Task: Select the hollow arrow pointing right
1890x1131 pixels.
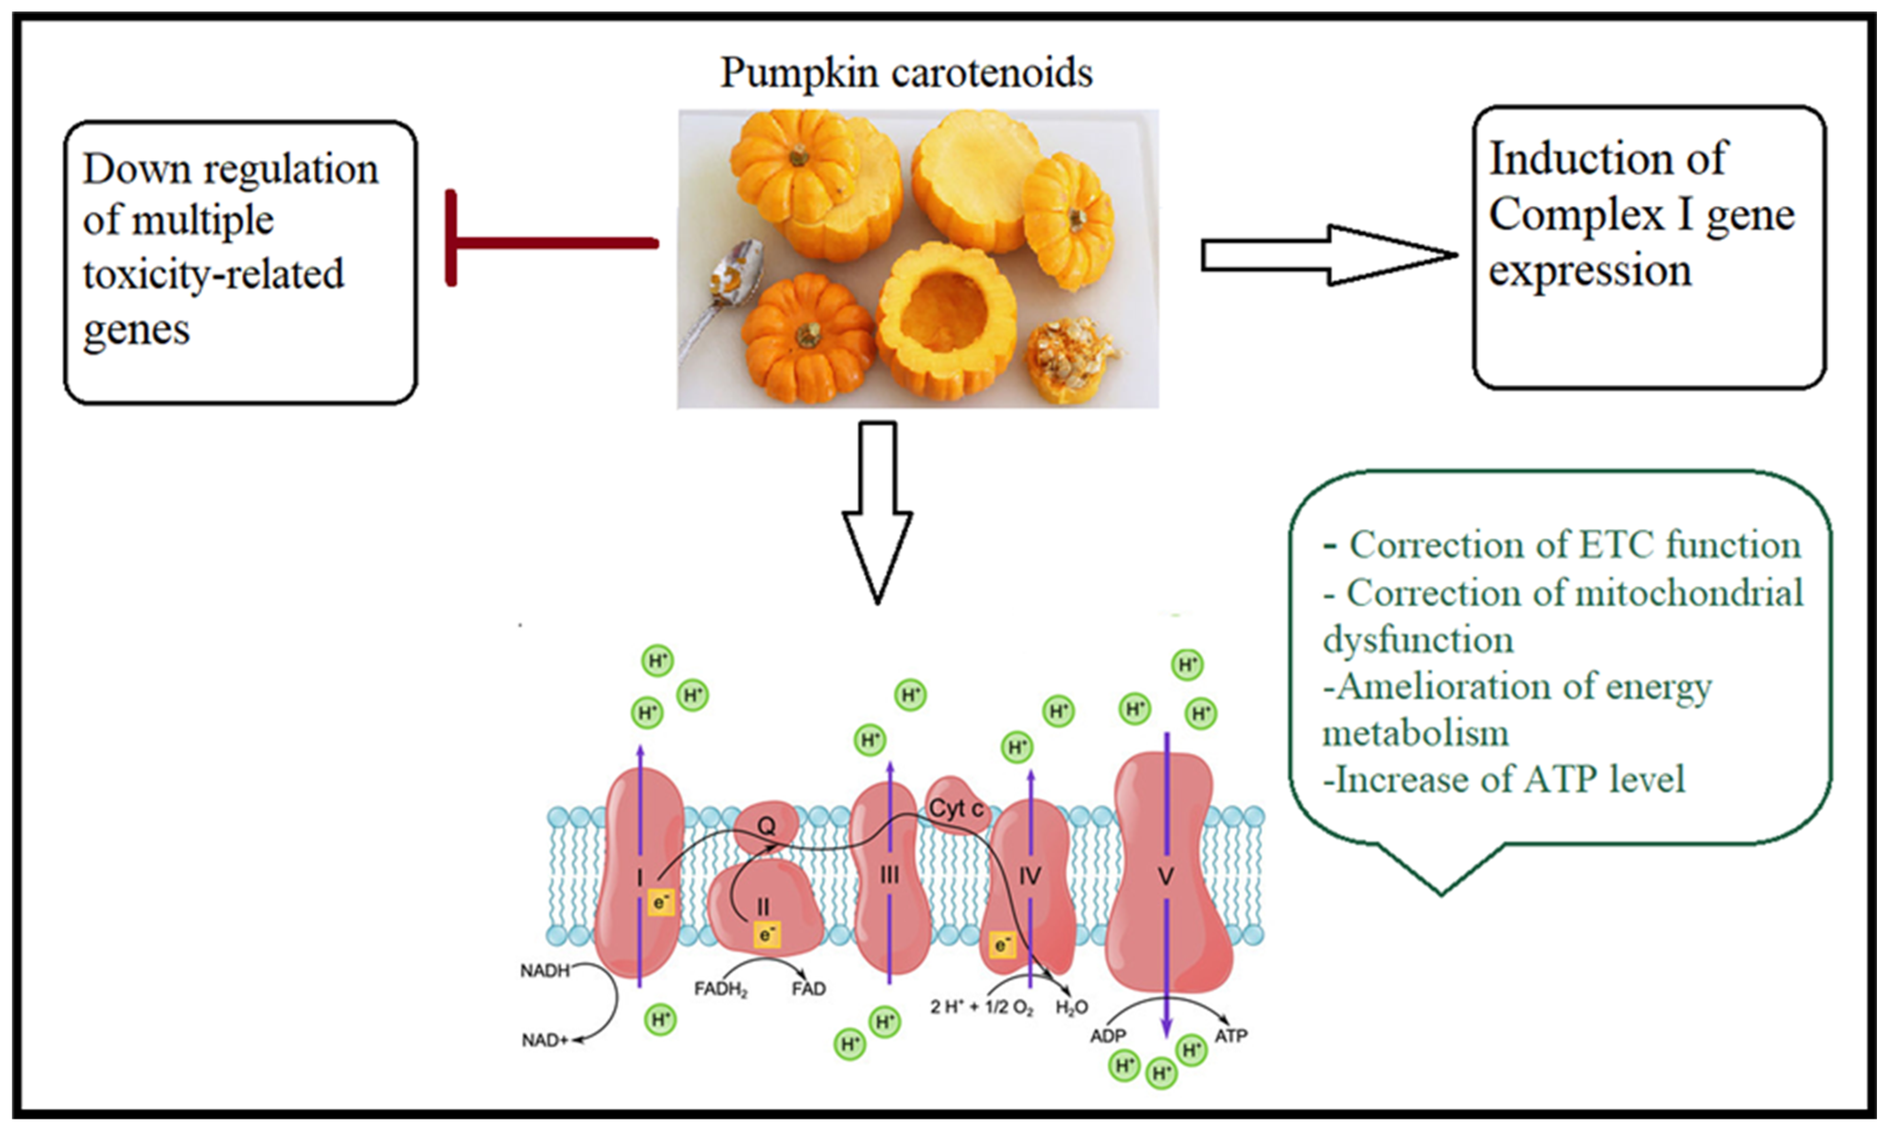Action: click(x=1326, y=255)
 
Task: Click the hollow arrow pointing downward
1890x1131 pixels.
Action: click(x=877, y=511)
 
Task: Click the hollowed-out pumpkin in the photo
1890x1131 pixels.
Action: click(x=945, y=312)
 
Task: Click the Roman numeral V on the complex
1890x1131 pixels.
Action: click(x=1165, y=876)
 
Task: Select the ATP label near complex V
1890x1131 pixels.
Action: click(x=1231, y=1036)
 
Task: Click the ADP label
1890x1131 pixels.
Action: click(x=1108, y=1036)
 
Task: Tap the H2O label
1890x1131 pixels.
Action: click(x=1072, y=1008)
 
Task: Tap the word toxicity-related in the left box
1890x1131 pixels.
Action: click(x=213, y=274)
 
